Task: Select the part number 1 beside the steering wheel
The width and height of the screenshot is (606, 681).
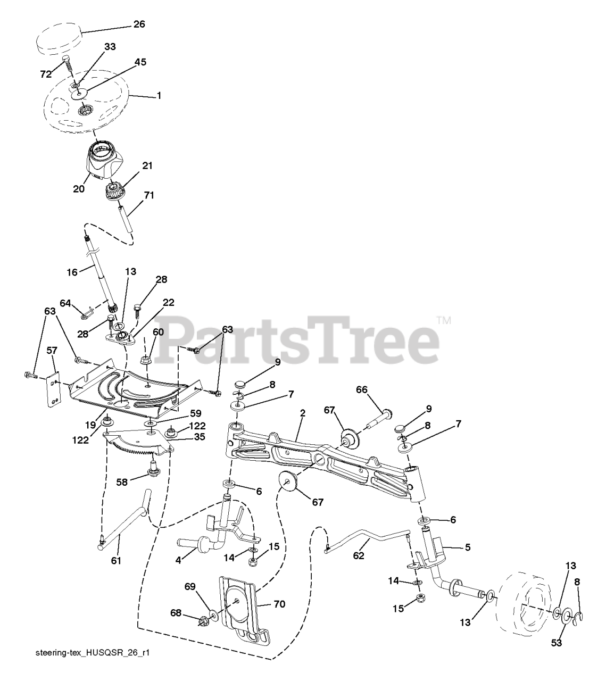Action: (159, 96)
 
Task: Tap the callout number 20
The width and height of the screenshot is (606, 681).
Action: (79, 188)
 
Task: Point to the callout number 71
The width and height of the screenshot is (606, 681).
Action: (149, 195)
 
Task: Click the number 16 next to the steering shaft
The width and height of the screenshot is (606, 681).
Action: (72, 272)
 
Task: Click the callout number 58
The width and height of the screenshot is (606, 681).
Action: (123, 482)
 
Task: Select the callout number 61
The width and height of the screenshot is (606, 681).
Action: (116, 560)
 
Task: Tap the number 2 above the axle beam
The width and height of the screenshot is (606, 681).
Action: (302, 413)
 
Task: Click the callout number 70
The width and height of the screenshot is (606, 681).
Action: (279, 604)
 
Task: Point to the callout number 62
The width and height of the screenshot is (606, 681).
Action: (359, 556)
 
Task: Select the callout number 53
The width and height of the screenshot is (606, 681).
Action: (556, 643)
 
